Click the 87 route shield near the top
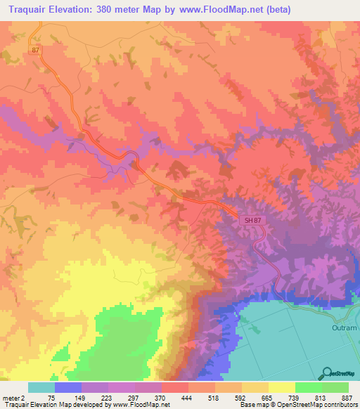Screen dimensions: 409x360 pos(37,51)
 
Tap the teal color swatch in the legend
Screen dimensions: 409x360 pos(41,387)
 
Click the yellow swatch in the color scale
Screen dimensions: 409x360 pos(282,387)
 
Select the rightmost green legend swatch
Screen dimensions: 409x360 pos(335,387)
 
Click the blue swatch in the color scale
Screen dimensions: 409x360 pos(68,387)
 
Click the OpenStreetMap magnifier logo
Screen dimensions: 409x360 pos(326,374)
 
